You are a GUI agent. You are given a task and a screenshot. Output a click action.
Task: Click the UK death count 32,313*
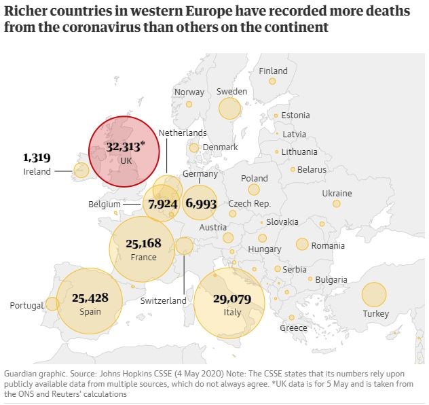point(131,146)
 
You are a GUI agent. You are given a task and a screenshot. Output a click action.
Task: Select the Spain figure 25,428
point(90,298)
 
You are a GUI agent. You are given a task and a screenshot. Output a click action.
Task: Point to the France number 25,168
point(144,243)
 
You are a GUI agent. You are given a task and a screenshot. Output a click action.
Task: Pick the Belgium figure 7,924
point(162,203)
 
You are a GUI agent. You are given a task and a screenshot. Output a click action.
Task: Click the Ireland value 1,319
point(37,158)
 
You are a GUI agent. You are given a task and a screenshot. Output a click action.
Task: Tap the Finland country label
point(274,71)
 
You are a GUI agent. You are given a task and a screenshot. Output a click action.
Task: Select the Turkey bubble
point(373,295)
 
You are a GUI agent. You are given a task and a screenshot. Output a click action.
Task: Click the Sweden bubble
point(230,107)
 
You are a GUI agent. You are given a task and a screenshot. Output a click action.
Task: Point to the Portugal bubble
point(52,304)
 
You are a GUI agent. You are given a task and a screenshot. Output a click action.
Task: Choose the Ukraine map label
point(337,193)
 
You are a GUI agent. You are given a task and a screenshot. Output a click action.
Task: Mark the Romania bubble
point(302,244)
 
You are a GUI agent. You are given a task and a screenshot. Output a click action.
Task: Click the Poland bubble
point(254,190)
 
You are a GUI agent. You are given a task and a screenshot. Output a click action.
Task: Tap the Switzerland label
point(163,300)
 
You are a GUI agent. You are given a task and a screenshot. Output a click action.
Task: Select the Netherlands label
point(183,133)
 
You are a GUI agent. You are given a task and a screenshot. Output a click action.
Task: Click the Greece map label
point(293,328)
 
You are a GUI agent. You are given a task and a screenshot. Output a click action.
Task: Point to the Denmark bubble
point(194,147)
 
